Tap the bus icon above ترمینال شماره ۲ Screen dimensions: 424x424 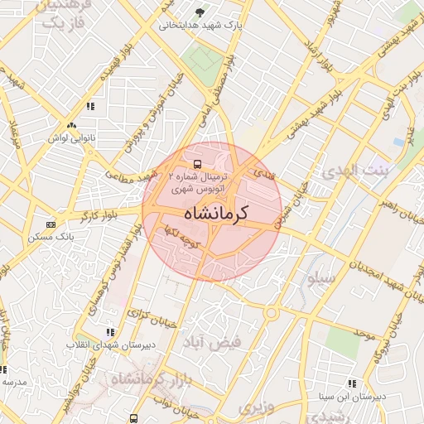(x=197, y=164)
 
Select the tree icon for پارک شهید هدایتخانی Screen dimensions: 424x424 (x=200, y=12)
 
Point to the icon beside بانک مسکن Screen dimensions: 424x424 (x=51, y=224)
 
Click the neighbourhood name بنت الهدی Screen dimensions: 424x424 (x=349, y=172)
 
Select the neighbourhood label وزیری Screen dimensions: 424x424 (x=256, y=407)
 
